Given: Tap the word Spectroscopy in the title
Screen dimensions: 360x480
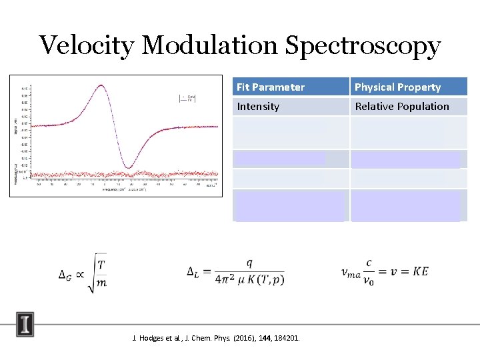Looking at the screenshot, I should [x=363, y=46].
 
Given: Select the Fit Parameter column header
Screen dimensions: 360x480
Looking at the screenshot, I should [x=271, y=87].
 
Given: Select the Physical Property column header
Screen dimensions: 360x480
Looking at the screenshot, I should [x=397, y=87].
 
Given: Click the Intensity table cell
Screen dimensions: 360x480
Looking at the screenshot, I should [x=258, y=106].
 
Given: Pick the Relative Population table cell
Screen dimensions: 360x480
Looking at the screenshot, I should [x=401, y=106].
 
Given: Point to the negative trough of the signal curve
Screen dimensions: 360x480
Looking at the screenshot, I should [x=131, y=167].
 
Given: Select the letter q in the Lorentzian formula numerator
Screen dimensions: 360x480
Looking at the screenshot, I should [x=249, y=262].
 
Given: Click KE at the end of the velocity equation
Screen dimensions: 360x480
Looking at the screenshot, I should [x=420, y=271].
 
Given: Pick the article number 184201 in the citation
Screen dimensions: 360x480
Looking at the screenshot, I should [x=285, y=338].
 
